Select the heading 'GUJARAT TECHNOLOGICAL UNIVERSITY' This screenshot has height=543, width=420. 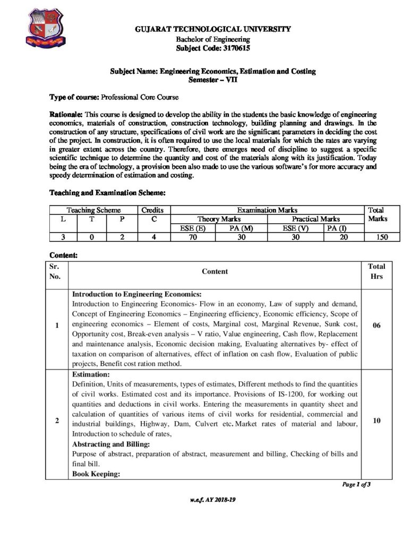pos(212,29)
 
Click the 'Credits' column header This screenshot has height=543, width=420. pos(153,210)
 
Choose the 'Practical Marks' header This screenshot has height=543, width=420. pos(316,218)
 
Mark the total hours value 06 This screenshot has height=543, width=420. pos(376,325)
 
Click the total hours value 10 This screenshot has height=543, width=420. pos(376,421)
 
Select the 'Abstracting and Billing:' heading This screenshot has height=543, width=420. pos(110,444)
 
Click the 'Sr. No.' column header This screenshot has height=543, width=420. pos(55,271)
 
